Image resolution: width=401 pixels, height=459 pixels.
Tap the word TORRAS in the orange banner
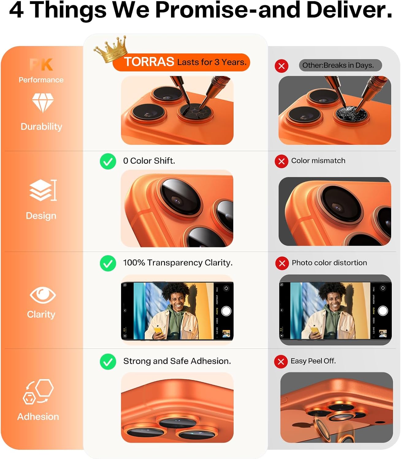(x=149, y=62)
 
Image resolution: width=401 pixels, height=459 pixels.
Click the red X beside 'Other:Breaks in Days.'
(x=281, y=66)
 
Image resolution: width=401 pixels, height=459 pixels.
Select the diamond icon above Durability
(x=43, y=102)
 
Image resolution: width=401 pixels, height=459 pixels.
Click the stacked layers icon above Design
(x=42, y=190)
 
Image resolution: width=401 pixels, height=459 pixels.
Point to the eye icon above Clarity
(x=43, y=295)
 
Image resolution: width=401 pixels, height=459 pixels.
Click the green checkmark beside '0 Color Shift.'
(x=108, y=161)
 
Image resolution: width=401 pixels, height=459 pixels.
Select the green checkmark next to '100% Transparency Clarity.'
(x=108, y=263)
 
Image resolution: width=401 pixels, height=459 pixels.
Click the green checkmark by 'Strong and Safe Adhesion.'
(x=108, y=362)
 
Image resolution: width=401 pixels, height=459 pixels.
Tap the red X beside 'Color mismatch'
(x=281, y=161)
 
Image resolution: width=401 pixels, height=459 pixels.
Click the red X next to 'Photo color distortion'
(x=282, y=263)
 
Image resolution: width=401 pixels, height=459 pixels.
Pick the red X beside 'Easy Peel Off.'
(x=281, y=362)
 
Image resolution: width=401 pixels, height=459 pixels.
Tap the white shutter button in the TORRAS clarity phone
(x=226, y=311)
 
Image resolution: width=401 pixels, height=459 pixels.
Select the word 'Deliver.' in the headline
(x=349, y=10)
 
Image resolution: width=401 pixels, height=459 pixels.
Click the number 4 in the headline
(x=16, y=10)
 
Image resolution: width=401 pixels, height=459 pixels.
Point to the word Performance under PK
(x=41, y=80)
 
